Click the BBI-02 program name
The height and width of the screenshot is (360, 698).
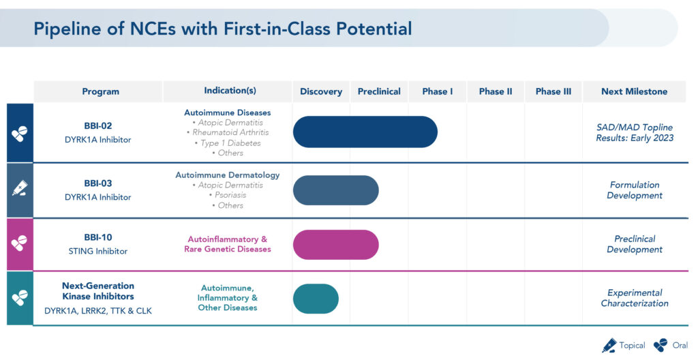pyautogui.click(x=98, y=126)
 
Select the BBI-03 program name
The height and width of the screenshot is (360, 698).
pyautogui.click(x=98, y=183)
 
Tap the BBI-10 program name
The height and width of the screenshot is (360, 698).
pyautogui.click(x=98, y=237)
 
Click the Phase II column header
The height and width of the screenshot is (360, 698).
pyautogui.click(x=496, y=91)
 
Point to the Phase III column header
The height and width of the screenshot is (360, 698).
pyautogui.click(x=553, y=91)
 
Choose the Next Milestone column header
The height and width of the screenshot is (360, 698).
pyautogui.click(x=635, y=91)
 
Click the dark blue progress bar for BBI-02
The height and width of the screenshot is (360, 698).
pyautogui.click(x=365, y=132)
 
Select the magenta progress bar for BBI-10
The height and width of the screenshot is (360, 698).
pyautogui.click(x=335, y=245)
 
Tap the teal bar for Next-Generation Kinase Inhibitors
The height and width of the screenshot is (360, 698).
pyautogui.click(x=316, y=299)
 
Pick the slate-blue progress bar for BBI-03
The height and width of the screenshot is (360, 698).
pyautogui.click(x=335, y=190)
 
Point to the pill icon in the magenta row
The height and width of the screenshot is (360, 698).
pyautogui.click(x=20, y=243)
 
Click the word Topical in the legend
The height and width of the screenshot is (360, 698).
pyautogui.click(x=632, y=345)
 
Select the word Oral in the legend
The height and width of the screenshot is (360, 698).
pyautogui.click(x=680, y=345)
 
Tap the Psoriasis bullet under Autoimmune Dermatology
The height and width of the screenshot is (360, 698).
pyautogui.click(x=228, y=195)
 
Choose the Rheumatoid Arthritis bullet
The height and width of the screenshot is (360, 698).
pyautogui.click(x=228, y=132)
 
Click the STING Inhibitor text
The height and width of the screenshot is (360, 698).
pyautogui.click(x=98, y=252)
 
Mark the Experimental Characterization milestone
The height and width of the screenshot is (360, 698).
pyautogui.click(x=635, y=298)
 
